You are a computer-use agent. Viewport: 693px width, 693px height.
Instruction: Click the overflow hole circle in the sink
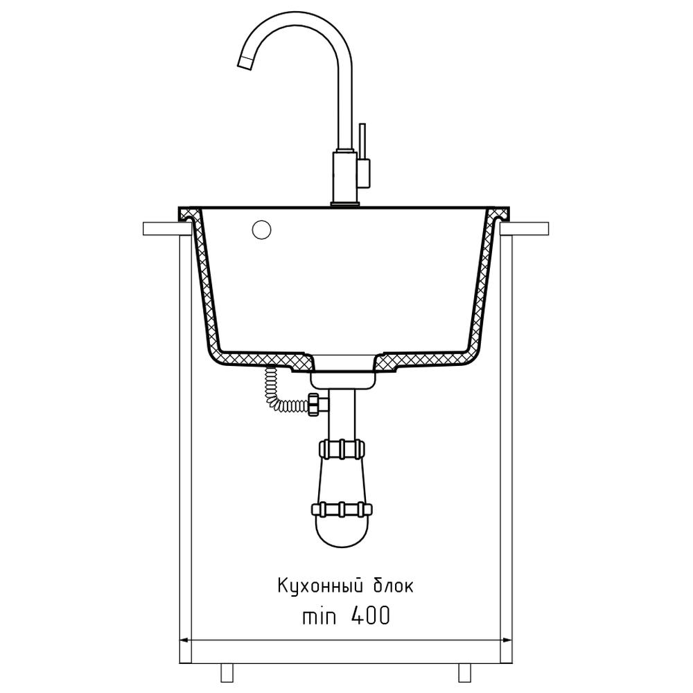tap(262, 230)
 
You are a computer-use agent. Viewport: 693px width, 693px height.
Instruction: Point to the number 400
tap(370, 615)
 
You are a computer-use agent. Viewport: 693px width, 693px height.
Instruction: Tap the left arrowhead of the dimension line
tap(186, 640)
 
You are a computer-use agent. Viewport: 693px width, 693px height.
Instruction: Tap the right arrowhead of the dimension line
tap(506, 640)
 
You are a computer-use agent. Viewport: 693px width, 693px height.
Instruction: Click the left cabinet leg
tap(227, 672)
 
